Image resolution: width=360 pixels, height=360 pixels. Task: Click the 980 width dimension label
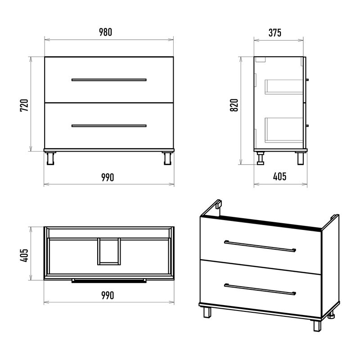click(x=106, y=32)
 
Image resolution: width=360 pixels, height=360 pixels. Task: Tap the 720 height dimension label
click(x=24, y=105)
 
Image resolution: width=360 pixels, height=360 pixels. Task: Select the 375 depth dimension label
click(x=275, y=33)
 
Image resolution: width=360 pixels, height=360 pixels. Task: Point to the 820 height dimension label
click(x=234, y=105)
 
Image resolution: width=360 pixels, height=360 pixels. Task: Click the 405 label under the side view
click(x=279, y=176)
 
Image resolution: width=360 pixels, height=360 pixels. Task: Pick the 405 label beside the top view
click(x=24, y=255)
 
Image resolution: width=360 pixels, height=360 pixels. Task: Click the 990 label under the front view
click(x=108, y=177)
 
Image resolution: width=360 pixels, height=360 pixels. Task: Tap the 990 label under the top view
click(x=108, y=296)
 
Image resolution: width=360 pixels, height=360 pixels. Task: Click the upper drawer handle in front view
click(x=109, y=80)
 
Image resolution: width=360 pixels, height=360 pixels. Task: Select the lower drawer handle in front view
click(x=109, y=126)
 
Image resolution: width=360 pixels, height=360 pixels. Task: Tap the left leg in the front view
click(x=50, y=158)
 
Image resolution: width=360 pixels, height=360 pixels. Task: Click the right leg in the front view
click(x=167, y=158)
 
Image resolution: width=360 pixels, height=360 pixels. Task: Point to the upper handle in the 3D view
click(x=260, y=246)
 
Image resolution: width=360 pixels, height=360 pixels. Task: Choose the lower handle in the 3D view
click(x=260, y=289)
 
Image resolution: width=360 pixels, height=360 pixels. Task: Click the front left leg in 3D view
click(x=207, y=312)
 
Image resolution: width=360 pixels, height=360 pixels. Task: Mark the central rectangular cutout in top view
click(x=109, y=252)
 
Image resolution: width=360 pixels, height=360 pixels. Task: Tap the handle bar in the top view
click(x=109, y=280)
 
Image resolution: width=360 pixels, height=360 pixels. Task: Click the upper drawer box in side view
click(x=284, y=87)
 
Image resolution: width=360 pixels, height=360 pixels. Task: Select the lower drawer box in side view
click(x=284, y=130)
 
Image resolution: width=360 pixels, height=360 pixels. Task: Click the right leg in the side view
click(x=301, y=158)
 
